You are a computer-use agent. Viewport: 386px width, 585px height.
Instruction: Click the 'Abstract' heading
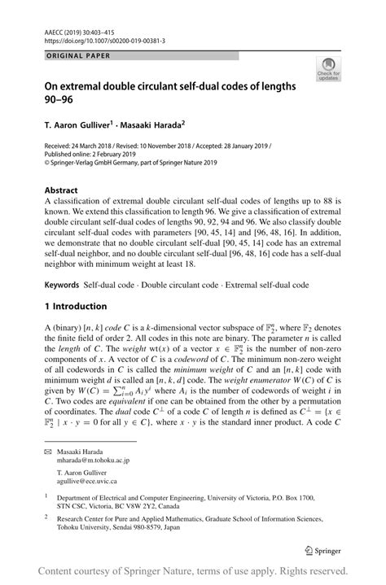click(x=62, y=190)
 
